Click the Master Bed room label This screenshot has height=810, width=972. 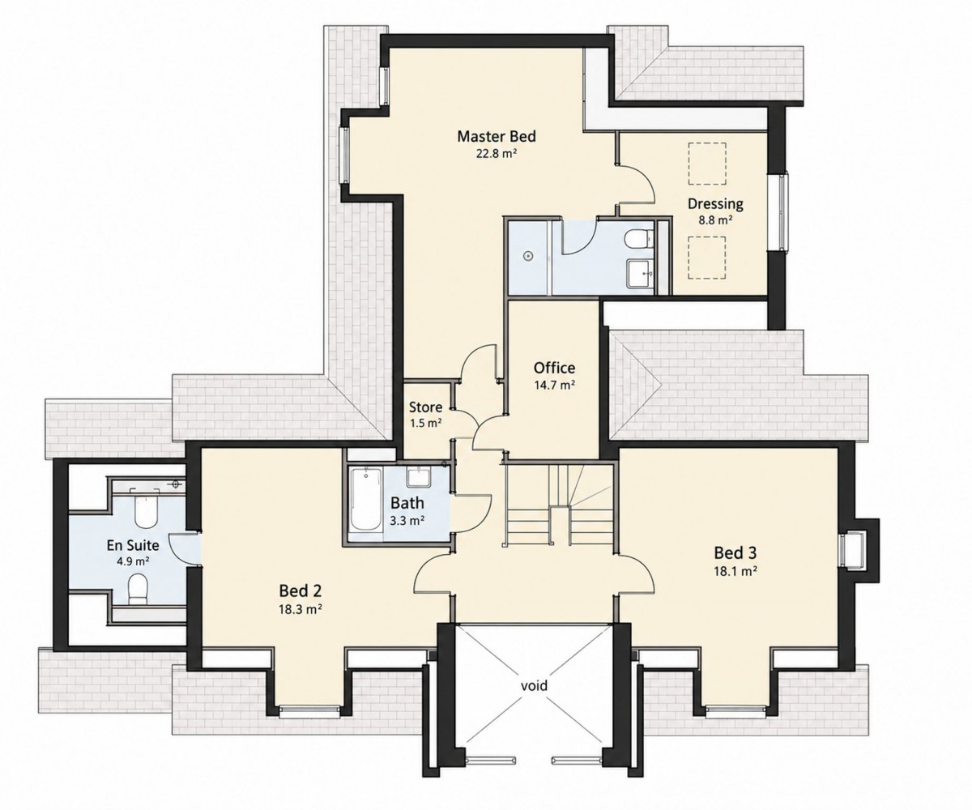point(497,136)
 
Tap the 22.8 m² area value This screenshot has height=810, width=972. point(497,154)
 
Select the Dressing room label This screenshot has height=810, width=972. point(715,204)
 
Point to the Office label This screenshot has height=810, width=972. point(554,368)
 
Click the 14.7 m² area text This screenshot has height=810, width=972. point(554,385)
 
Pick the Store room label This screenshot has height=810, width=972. point(425,407)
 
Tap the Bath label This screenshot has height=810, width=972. point(407,503)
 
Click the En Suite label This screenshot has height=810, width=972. point(133,544)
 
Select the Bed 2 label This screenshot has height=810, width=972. point(301,590)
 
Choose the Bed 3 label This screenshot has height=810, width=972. point(735,552)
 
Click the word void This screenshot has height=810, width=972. point(534,685)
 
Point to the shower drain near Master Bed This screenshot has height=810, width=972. point(528,256)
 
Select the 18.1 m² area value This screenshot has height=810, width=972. point(735,571)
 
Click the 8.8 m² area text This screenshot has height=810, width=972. point(715,220)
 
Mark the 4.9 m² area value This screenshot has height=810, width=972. point(133,561)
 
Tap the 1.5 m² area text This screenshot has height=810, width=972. point(425,423)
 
